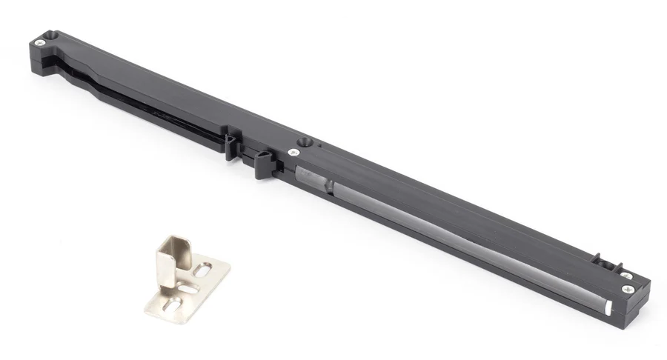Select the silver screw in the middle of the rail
pyautogui.click(x=294, y=152)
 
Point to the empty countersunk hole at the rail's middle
pyautogui.click(x=304, y=141)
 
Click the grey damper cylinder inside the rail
pyautogui.click(x=445, y=230)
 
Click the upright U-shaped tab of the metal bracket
pyautogui.click(x=175, y=256)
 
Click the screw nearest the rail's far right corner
pyautogui.click(x=628, y=288)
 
